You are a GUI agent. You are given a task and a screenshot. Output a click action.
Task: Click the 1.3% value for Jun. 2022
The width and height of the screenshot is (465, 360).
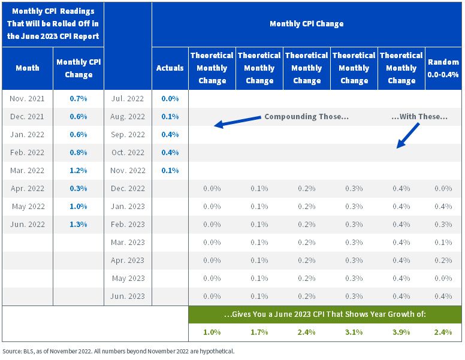(x=78, y=225)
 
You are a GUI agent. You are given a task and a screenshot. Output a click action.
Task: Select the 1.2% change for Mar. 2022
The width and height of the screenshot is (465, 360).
(x=78, y=171)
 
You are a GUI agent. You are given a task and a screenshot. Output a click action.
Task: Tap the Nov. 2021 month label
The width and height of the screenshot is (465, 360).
(x=27, y=98)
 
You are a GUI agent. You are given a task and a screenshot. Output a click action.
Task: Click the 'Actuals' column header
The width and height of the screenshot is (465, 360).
(x=170, y=68)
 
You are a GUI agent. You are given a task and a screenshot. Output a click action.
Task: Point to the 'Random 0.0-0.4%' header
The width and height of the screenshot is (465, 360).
(x=443, y=68)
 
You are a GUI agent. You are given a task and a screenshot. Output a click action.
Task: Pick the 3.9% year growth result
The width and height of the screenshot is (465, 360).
(x=401, y=332)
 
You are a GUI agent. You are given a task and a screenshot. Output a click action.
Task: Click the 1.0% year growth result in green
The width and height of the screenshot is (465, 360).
(x=212, y=332)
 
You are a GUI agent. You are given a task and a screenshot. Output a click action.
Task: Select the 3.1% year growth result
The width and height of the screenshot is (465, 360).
(x=354, y=332)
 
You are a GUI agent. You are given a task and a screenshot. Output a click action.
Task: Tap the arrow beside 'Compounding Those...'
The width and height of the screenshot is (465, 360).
(x=237, y=121)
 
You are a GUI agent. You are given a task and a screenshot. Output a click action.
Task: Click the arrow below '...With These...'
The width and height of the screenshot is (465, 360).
(x=408, y=135)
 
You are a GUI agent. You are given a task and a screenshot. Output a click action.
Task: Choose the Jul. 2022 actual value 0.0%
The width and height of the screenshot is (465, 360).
(x=170, y=98)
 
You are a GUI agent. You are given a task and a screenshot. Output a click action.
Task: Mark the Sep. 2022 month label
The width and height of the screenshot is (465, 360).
(x=128, y=135)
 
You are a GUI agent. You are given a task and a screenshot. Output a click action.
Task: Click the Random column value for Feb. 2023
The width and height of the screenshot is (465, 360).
(x=443, y=225)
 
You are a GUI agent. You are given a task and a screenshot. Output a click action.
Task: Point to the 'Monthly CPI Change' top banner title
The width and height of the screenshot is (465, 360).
(x=307, y=24)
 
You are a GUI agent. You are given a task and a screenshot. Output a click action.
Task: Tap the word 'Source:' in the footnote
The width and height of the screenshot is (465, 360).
(x=11, y=352)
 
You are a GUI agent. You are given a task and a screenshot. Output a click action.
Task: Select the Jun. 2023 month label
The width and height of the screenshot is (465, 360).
(x=128, y=297)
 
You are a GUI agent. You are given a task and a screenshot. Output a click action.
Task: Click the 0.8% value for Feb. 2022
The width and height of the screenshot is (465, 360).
(x=78, y=152)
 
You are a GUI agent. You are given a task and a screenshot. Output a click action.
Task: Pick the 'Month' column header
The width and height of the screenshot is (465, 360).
(x=28, y=68)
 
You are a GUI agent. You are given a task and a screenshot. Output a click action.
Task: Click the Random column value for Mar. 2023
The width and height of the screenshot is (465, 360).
(x=443, y=242)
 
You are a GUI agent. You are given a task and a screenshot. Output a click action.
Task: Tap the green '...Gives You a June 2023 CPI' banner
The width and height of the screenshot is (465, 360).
(x=325, y=314)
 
